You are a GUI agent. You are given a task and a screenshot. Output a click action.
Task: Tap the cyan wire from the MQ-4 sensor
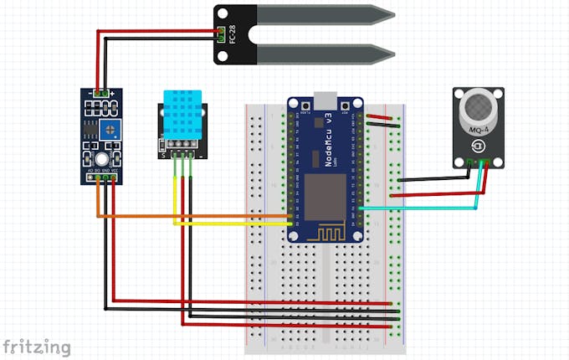418,207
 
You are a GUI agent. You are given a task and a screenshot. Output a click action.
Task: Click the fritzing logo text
36,346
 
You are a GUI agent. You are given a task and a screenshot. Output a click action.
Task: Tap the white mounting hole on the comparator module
100,159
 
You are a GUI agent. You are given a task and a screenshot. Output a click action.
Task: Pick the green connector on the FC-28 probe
222,34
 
